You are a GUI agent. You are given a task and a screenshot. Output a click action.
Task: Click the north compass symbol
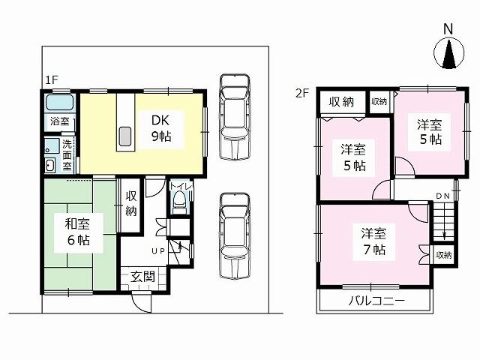tap(448, 53)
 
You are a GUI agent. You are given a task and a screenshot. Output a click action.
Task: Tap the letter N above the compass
tap(448, 28)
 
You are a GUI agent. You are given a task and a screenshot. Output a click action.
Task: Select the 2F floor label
tap(301, 94)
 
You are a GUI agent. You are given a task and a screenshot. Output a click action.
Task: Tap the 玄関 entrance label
tap(143, 277)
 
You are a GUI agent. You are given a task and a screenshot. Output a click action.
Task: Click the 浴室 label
tap(58, 121)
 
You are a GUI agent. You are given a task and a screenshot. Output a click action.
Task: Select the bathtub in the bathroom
tap(58, 103)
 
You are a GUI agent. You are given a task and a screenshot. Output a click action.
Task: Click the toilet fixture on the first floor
tap(178, 199)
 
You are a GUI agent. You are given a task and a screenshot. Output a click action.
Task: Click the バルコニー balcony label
tap(376, 301)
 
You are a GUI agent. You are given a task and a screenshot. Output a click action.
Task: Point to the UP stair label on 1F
tap(159, 250)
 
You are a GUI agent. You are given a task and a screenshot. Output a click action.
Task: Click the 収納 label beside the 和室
tap(130, 203)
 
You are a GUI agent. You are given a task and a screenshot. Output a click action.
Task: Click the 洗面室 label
tap(66, 154)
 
